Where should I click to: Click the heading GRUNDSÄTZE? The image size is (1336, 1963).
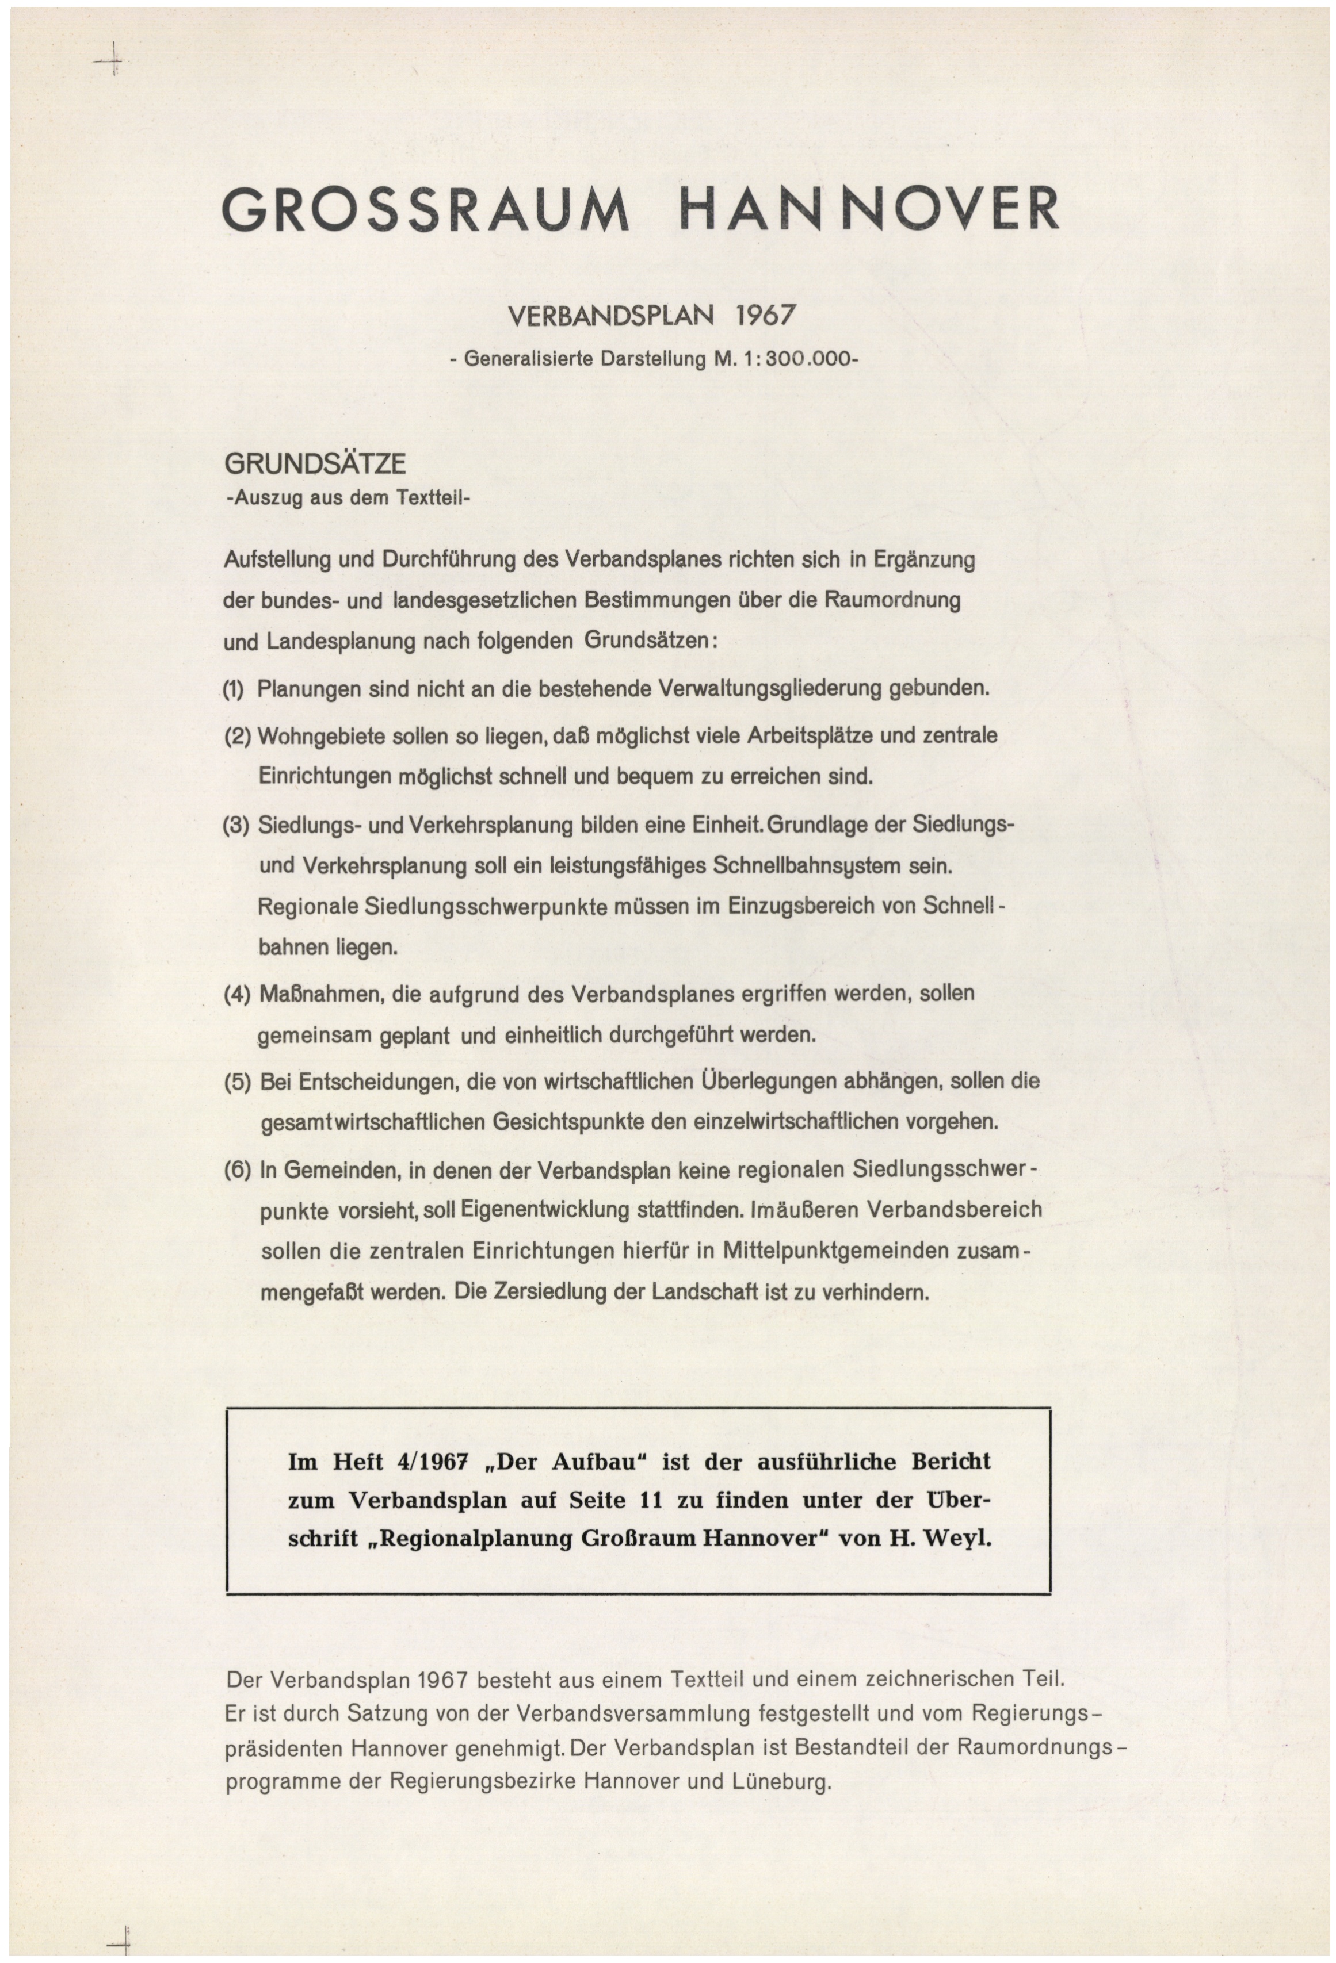pos(314,463)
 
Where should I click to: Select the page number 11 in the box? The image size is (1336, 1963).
pos(651,1500)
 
